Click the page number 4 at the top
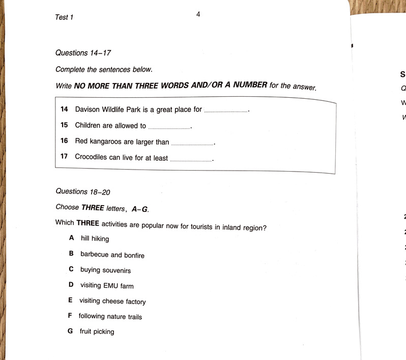tap(198, 14)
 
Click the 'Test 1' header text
tap(64, 17)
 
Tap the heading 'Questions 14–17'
tap(83, 52)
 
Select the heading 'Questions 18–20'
tap(82, 191)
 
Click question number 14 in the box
tap(64, 109)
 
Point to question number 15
tap(64, 125)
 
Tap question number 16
tap(64, 141)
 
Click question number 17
tap(64, 156)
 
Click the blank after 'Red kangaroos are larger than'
tap(192, 144)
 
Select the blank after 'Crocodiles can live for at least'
tap(190, 159)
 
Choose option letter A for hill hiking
tap(72, 237)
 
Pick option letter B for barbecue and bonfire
tap(71, 253)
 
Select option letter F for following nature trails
tap(70, 315)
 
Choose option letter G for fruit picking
tap(70, 331)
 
